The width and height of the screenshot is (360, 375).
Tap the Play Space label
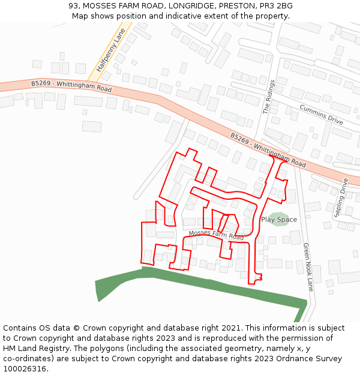tap(279, 220)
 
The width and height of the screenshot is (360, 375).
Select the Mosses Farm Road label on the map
tap(216, 235)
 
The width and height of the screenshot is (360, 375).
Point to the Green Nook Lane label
tap(308, 266)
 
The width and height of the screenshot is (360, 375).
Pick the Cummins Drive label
tap(321, 114)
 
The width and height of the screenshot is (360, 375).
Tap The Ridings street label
tap(268, 97)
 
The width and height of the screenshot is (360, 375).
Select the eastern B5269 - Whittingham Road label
tap(268, 150)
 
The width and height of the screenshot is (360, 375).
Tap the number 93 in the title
tap(73, 5)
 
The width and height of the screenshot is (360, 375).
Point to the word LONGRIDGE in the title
tap(182, 5)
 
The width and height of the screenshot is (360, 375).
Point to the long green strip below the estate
tap(204, 286)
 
